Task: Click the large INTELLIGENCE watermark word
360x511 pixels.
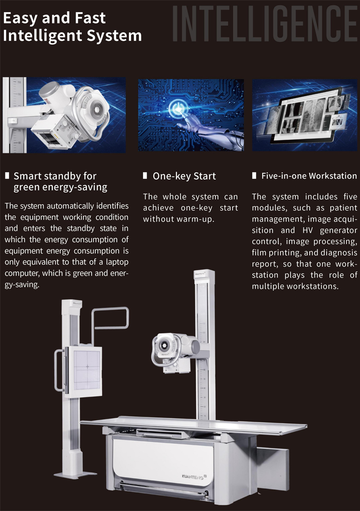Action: point(265,23)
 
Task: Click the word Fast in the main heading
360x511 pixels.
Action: point(90,18)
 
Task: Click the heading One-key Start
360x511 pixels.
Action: point(184,176)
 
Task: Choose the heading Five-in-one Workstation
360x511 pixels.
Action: point(309,176)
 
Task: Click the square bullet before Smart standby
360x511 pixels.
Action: point(7,176)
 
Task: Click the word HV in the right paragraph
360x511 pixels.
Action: point(307,231)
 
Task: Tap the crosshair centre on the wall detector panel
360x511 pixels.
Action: point(87,366)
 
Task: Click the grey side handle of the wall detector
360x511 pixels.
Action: point(59,370)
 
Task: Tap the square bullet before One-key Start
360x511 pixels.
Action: point(145,176)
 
